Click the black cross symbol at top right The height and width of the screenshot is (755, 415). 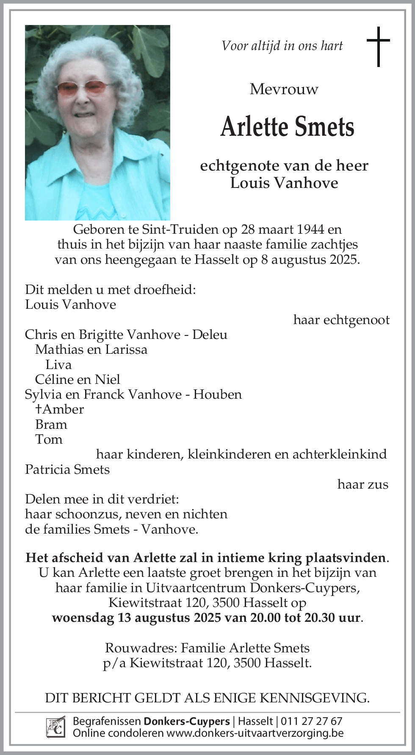coord(378,46)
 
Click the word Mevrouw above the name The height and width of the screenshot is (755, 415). coord(284,89)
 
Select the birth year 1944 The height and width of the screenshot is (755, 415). coord(311,229)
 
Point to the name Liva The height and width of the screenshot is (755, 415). coord(58,364)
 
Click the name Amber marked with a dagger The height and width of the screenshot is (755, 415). coord(63,409)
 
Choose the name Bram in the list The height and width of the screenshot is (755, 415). coord(51,424)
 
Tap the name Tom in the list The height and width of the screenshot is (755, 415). coord(49,439)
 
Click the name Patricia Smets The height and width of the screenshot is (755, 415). coord(67,469)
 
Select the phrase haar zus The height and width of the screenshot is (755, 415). coord(362,484)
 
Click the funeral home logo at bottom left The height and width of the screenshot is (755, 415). coord(56,727)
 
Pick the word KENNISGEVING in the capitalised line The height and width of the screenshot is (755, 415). coord(314,698)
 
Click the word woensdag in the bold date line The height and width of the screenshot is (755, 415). coord(83,618)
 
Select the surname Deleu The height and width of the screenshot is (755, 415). coord(210,335)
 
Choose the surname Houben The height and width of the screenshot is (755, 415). coord(217,394)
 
